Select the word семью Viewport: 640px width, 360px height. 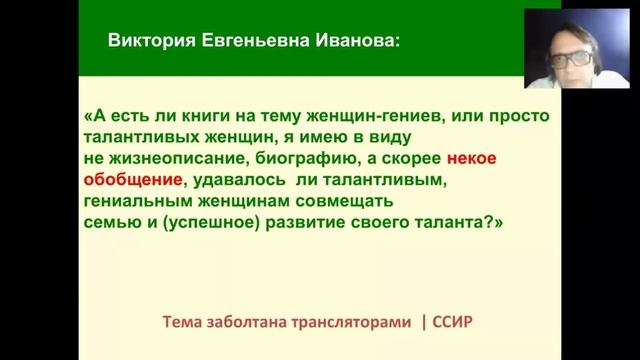[x=112, y=224]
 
